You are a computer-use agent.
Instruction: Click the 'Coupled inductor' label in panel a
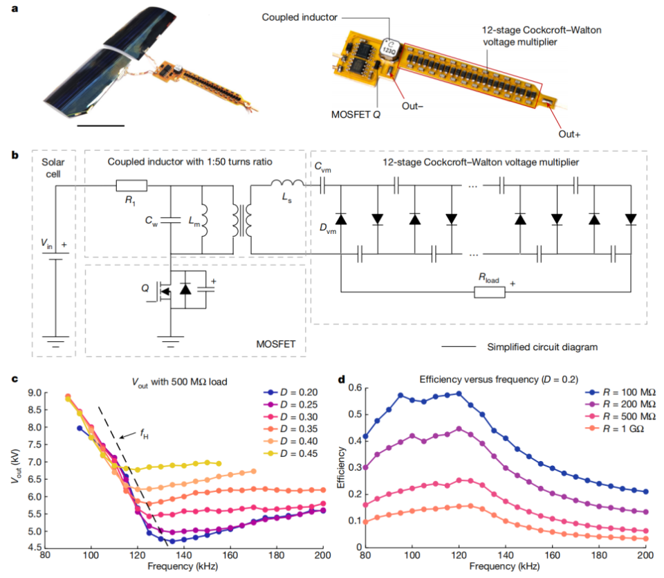299,17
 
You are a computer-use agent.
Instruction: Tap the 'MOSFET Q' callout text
356,114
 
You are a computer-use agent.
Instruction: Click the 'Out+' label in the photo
569,134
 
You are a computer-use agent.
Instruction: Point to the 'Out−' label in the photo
412,106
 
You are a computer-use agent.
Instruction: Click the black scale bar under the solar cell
101,125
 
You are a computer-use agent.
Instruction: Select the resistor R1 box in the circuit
131,186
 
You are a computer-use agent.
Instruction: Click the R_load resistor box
490,292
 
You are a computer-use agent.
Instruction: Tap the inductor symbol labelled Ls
287,183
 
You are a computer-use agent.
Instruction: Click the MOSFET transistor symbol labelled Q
164,291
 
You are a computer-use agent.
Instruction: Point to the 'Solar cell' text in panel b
53,168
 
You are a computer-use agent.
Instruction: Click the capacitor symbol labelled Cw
171,220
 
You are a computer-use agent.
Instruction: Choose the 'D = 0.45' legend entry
290,453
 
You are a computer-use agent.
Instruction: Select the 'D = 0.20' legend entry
290,392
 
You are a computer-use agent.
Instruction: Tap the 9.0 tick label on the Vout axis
35,392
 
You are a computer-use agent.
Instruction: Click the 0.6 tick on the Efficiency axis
356,388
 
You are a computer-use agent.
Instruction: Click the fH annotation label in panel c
144,433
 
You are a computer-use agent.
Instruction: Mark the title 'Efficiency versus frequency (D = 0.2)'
499,379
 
